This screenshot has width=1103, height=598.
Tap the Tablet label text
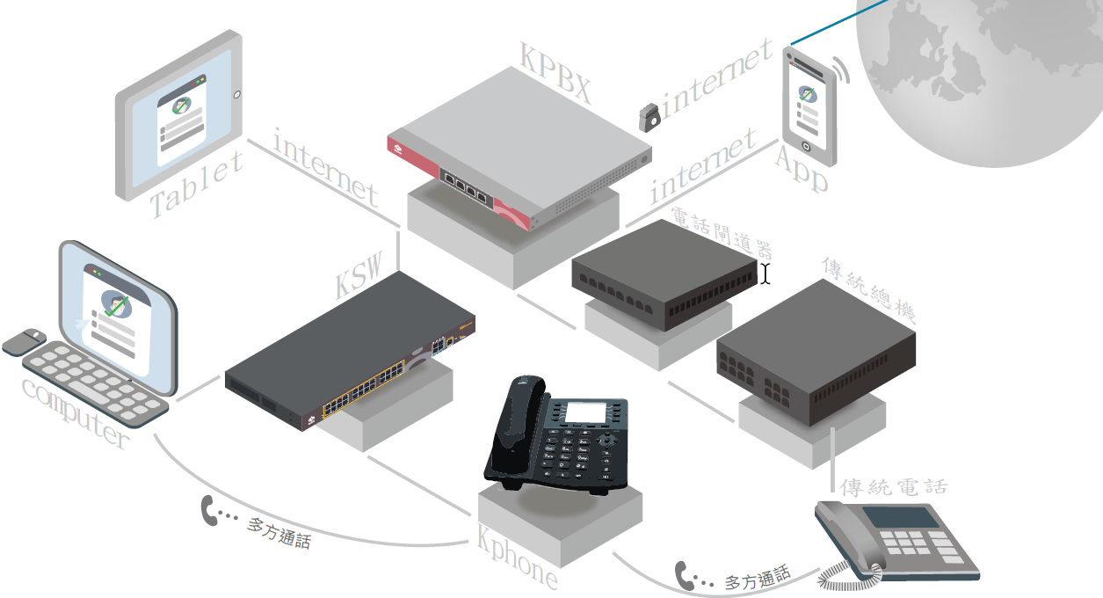pos(196,185)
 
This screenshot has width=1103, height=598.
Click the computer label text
pos(75,413)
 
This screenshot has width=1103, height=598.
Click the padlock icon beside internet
pos(650,118)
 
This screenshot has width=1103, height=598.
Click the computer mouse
pos(25,341)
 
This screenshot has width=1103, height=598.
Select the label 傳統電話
pos(894,486)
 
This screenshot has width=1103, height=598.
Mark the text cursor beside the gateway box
pos(766,274)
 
